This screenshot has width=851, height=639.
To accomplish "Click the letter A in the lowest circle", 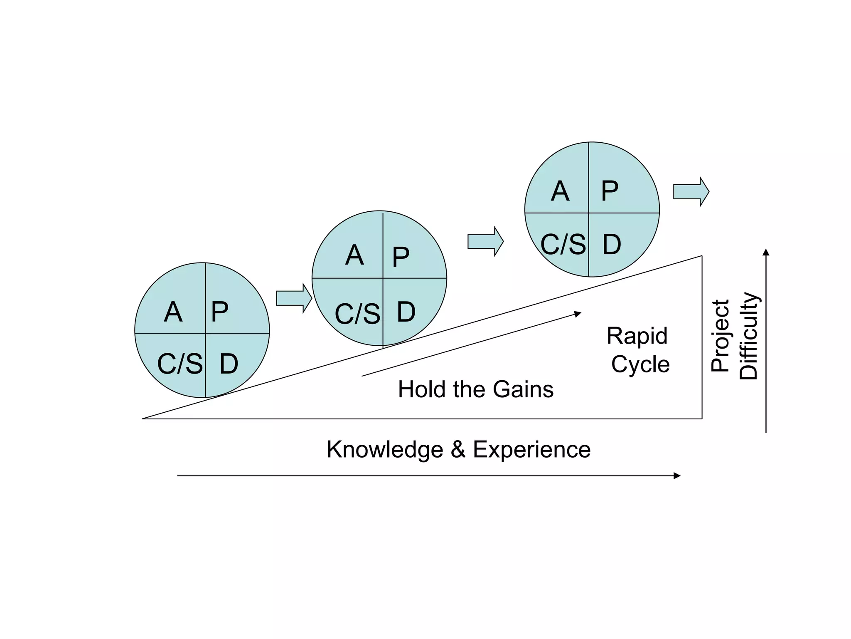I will coord(173,312).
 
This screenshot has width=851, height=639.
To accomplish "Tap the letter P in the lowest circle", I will coord(219,312).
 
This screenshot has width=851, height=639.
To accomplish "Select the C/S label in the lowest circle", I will coord(180,364).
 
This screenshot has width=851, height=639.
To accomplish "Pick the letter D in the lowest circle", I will coord(229,364).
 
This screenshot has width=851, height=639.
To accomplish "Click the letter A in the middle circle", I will coord(354,255).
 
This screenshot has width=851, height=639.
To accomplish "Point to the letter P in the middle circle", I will coord(401,257).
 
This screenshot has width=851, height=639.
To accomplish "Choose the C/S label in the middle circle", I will coord(357,314).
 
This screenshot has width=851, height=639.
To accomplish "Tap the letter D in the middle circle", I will coord(406,312).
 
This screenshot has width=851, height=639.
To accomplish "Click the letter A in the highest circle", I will coord(560,191).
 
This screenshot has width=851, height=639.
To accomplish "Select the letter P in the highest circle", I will coord(610,191).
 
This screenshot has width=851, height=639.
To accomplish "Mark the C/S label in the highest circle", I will coord(563,244).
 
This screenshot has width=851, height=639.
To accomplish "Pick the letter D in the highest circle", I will coord(612,244).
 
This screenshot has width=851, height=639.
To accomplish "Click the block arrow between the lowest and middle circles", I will coord(294,298).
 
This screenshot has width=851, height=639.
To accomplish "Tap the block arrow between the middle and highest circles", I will coord(485,241).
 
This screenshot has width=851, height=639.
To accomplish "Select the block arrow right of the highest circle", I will coord(691,192).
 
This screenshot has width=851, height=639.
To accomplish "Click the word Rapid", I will coord(637,336).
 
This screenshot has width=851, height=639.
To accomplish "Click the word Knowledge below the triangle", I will coord(385,450).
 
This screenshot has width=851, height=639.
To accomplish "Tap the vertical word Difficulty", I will coord(749,336).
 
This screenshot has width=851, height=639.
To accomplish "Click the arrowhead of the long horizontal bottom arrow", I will coord(677,476).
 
